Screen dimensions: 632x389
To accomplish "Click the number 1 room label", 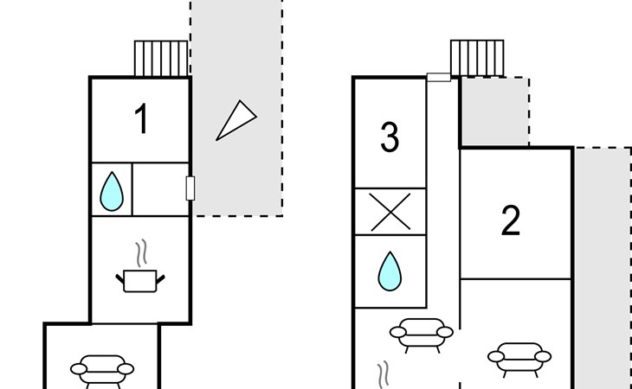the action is pyautogui.click(x=141, y=118).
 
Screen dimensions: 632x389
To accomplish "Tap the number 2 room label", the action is pyautogui.click(x=511, y=220).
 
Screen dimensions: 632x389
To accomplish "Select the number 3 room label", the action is pyautogui.click(x=390, y=137).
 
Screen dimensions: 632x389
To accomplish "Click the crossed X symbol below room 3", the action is pyautogui.click(x=390, y=212).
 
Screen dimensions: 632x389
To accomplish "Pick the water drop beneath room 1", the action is pyautogui.click(x=112, y=192).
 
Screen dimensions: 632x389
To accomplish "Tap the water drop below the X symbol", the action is pyautogui.click(x=390, y=271).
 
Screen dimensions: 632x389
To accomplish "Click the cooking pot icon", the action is pyautogui.click(x=140, y=281).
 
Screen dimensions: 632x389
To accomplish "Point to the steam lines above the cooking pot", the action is pyautogui.click(x=141, y=253).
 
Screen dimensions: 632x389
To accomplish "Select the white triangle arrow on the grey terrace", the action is pyautogui.click(x=236, y=121).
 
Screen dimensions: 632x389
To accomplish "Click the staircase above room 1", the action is pyautogui.click(x=161, y=58).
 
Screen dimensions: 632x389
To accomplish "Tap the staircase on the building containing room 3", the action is pyautogui.click(x=477, y=58).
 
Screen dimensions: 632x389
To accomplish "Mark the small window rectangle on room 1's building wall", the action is pyautogui.click(x=190, y=188).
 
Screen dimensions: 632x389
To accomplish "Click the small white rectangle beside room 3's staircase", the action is pyautogui.click(x=439, y=77).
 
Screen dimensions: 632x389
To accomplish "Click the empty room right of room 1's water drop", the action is pyautogui.click(x=160, y=189).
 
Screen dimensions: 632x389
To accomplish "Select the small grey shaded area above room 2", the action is pyautogui.click(x=495, y=112).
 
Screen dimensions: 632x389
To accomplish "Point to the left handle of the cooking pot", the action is pyautogui.click(x=119, y=278).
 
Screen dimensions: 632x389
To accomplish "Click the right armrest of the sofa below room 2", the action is pyautogui.click(x=543, y=356).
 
